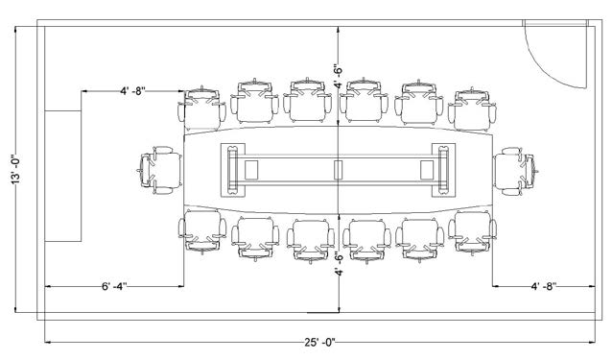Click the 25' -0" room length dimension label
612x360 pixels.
pyautogui.click(x=319, y=343)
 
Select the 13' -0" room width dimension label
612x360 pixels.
pyautogui.click(x=15, y=169)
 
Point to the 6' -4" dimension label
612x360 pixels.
pyautogui.click(x=114, y=287)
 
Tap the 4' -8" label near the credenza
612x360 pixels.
pyautogui.click(x=132, y=91)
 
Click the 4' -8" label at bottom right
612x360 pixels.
pyautogui.click(x=544, y=286)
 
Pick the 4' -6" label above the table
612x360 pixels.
pyautogui.click(x=339, y=76)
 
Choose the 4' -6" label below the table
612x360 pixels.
pyautogui.click(x=339, y=264)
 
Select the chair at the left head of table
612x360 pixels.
pyautogui.click(x=159, y=170)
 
